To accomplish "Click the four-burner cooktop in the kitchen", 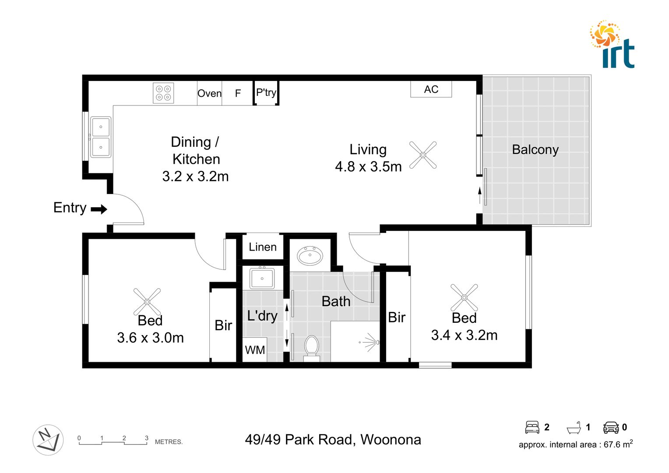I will [x=163, y=93].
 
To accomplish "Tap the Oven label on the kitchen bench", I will [x=209, y=93].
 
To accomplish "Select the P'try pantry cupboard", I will [x=266, y=92].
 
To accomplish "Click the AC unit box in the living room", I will [x=431, y=89].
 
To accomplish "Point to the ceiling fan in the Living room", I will [x=423, y=155].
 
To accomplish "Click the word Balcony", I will [x=535, y=150].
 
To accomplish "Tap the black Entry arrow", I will [x=99, y=209].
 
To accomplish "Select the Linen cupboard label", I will [x=263, y=247].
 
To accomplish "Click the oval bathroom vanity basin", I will [x=310, y=255].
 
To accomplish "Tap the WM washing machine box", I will [x=255, y=350].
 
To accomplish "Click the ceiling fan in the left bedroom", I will [x=147, y=301].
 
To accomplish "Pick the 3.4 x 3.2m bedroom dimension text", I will [x=464, y=335].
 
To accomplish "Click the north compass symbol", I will [x=48, y=440].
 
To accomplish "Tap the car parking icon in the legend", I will [x=611, y=427].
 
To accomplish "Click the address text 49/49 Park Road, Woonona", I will [x=333, y=440].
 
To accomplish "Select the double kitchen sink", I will [x=101, y=137].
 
